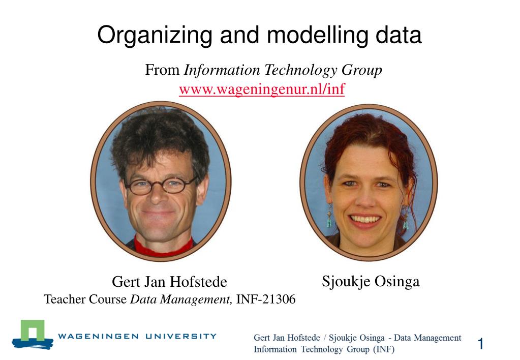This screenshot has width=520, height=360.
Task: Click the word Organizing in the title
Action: pyautogui.click(x=155, y=36)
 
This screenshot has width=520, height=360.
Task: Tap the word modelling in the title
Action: pyautogui.click(x=318, y=35)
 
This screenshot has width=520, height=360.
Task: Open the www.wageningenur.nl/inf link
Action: pyautogui.click(x=262, y=89)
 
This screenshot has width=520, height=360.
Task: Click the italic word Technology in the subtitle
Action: pyautogui.click(x=300, y=70)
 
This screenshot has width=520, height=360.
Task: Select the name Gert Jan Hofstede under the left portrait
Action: pyautogui.click(x=169, y=281)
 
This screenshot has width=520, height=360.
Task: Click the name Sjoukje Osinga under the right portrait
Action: pyautogui.click(x=371, y=282)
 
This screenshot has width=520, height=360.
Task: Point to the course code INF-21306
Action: pyautogui.click(x=266, y=299)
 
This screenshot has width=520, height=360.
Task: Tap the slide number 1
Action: pyautogui.click(x=480, y=343)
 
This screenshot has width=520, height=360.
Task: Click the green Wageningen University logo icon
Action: pyautogui.click(x=33, y=335)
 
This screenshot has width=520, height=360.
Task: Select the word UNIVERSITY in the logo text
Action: pyautogui.click(x=181, y=336)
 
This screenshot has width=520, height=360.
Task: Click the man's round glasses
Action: pyautogui.click(x=161, y=186)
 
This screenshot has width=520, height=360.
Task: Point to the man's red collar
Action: pyautogui.click(x=163, y=247)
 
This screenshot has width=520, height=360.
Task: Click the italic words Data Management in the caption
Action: pyautogui.click(x=181, y=299)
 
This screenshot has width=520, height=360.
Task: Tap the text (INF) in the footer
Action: pyautogui.click(x=384, y=349)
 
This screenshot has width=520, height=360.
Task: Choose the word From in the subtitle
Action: pyautogui.click(x=162, y=70)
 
